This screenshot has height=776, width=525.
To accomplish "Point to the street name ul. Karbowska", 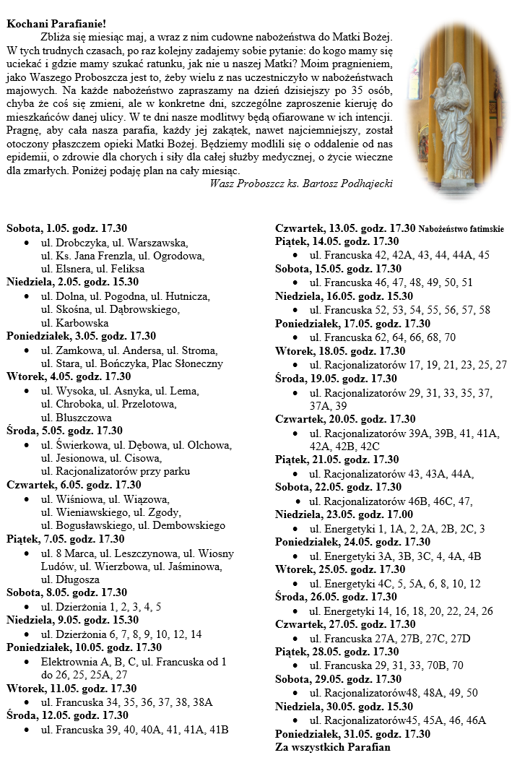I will (75, 323).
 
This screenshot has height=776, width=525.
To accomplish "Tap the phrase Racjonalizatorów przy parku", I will (116, 471).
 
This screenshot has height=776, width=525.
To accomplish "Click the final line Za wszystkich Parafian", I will (333, 747).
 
